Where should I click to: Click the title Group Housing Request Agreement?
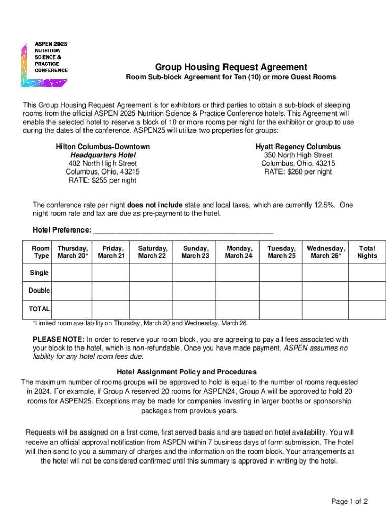tap(231, 67)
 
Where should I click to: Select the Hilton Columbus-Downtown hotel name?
tap(102, 147)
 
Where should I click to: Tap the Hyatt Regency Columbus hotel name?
tap(298, 147)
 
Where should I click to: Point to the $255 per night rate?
tap(102, 180)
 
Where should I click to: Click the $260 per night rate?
tap(298, 172)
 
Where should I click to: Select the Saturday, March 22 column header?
tap(152, 252)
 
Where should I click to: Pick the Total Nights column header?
tap(367, 252)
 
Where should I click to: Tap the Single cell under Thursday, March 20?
tap(72, 273)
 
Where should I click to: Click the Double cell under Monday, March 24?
tap(238, 291)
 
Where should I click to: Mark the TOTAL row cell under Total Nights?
tap(367, 309)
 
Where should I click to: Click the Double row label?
tap(39, 291)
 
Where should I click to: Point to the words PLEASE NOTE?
tap(59, 339)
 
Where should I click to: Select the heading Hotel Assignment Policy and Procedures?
tap(186, 372)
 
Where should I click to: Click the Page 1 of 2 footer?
tap(349, 502)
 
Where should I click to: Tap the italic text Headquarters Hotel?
tap(103, 155)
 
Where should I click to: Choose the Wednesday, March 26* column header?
tap(326, 252)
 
